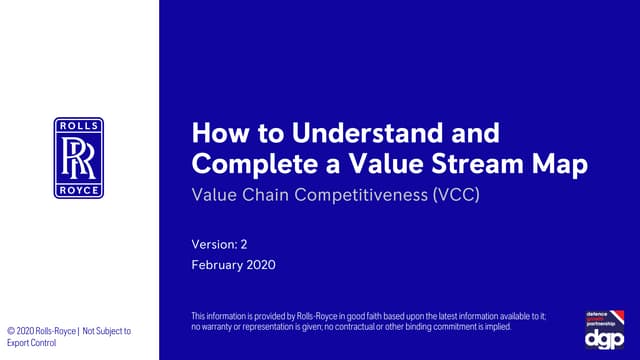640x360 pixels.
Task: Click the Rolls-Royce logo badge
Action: pos(79,158)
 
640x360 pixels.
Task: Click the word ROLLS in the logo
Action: pos(79,126)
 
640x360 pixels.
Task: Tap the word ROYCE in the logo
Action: pos(79,190)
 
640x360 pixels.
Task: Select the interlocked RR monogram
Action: pos(79,158)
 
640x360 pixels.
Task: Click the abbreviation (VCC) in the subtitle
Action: pos(456,194)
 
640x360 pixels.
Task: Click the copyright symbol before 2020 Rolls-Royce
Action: pos(9,331)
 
